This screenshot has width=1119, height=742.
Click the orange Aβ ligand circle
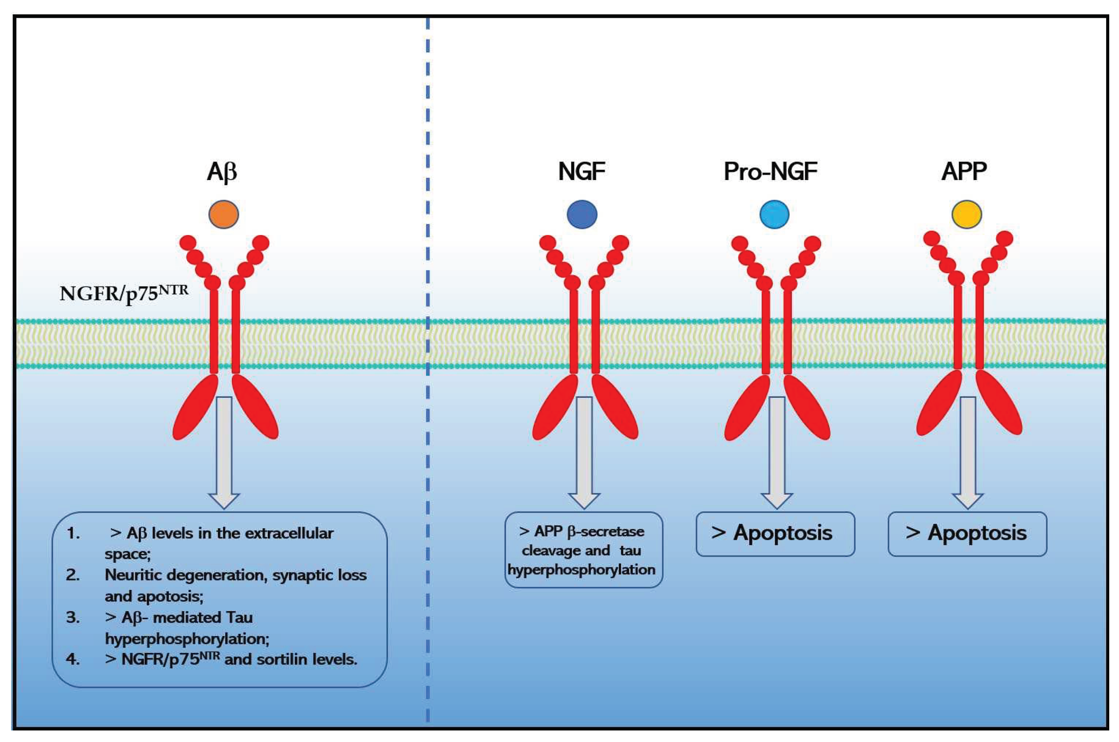click(223, 214)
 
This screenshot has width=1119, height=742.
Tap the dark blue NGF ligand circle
click(582, 214)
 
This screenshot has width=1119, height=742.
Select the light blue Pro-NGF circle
click(774, 214)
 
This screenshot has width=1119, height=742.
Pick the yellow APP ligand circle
click(966, 214)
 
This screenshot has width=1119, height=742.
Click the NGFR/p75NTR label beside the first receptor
click(124, 294)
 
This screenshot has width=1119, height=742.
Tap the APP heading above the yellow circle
click(964, 172)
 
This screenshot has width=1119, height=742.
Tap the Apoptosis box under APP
click(967, 533)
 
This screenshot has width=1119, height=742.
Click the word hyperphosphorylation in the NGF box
click(582, 569)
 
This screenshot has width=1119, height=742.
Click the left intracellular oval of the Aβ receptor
click(196, 407)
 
